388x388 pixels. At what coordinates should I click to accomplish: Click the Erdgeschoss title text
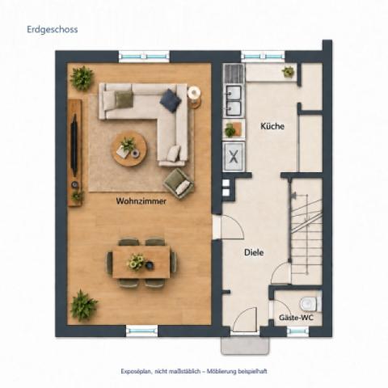pos(53,29)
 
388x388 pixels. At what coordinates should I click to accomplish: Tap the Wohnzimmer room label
pos(141,201)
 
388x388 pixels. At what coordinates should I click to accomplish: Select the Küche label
pos(272,126)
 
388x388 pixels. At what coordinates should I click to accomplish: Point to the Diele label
pos(254,252)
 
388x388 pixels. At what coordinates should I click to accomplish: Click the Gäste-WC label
pos(296,318)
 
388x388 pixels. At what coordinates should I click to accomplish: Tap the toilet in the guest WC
pos(310,304)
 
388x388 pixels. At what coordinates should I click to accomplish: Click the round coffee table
pos(129,149)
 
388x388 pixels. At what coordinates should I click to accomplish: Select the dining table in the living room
pos(141,262)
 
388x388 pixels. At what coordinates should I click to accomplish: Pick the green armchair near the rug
pos(179,183)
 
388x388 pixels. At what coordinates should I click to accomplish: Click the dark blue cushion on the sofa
pos(171,100)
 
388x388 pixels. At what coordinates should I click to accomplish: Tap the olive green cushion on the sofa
pos(124,99)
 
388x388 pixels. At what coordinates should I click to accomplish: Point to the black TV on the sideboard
pos(74,145)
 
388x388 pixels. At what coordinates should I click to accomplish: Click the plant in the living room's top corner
pos(82,78)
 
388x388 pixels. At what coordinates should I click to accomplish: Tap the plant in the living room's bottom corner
pos(83,306)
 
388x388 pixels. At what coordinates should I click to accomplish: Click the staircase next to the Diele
pos(306,231)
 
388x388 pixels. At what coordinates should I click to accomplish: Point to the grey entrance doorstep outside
pos(245,345)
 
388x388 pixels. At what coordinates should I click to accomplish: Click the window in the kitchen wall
pos(263,57)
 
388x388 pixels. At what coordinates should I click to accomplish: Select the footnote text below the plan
pos(194,371)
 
